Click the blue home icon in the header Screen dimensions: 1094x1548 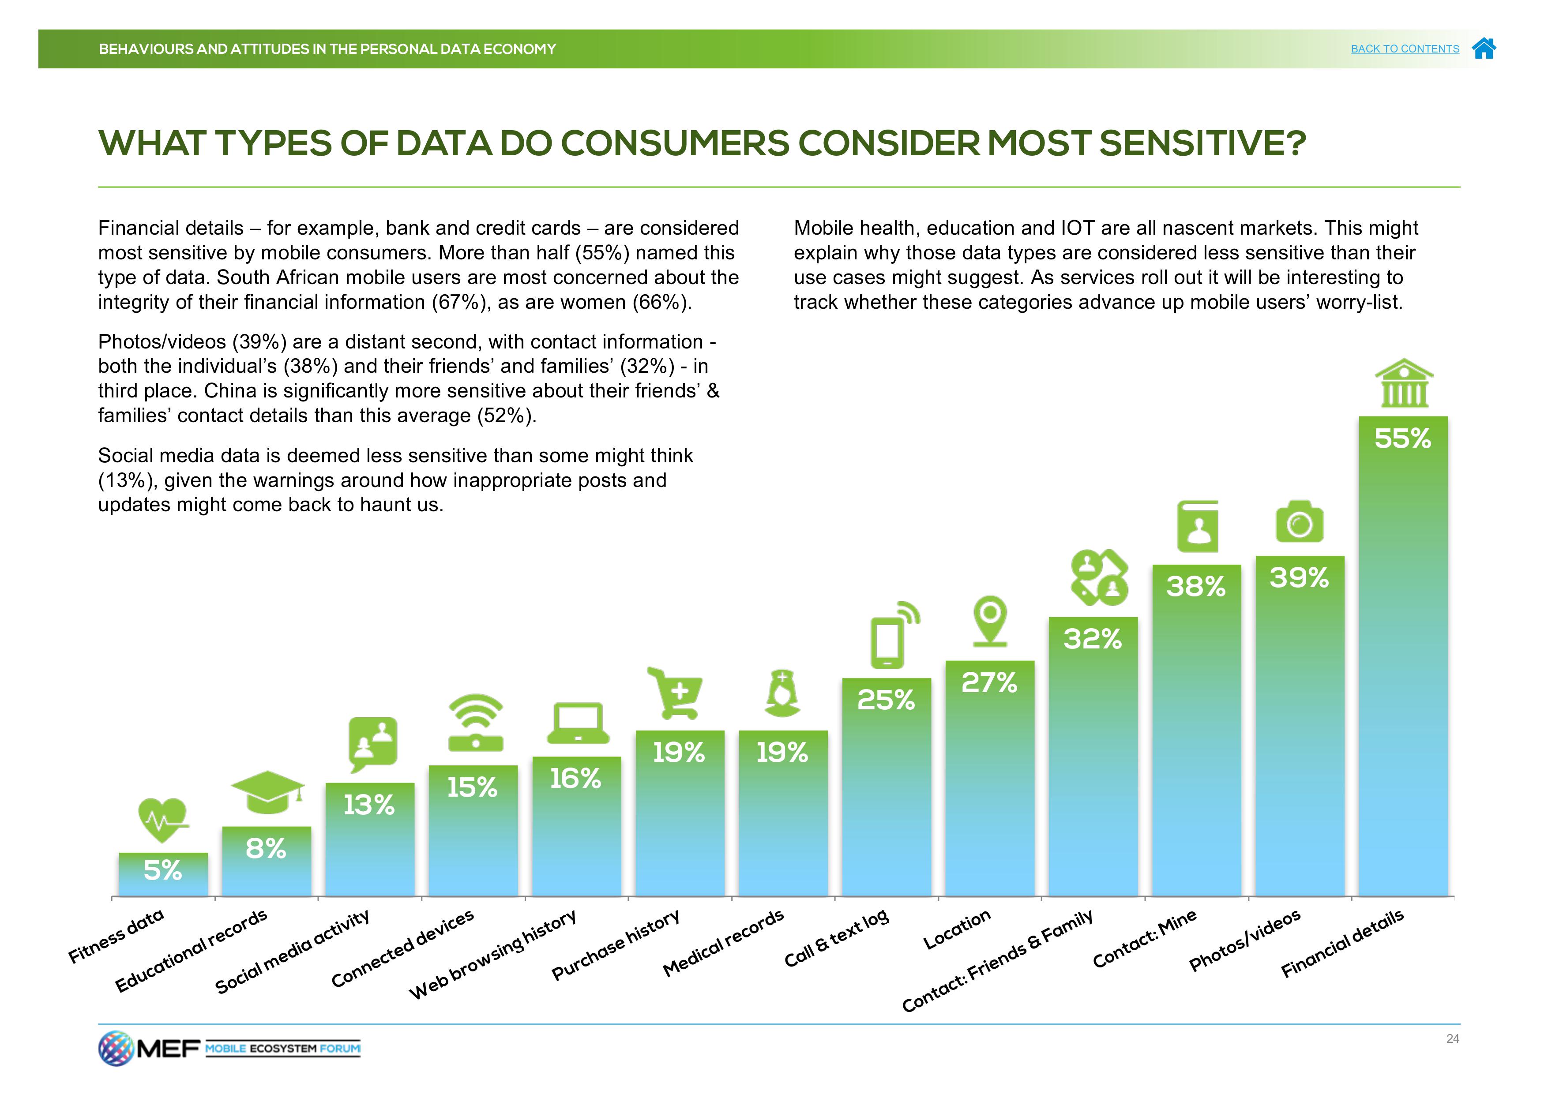[x=1484, y=49]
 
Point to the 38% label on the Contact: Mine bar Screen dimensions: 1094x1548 [x=1196, y=586]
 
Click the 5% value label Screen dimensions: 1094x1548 [x=162, y=871]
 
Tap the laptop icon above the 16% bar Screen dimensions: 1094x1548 [x=578, y=724]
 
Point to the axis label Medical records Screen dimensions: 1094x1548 [x=723, y=942]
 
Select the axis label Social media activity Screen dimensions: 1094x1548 [x=292, y=952]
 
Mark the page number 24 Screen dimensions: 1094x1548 [x=1452, y=1039]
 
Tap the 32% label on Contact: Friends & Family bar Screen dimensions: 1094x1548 [x=1093, y=639]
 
